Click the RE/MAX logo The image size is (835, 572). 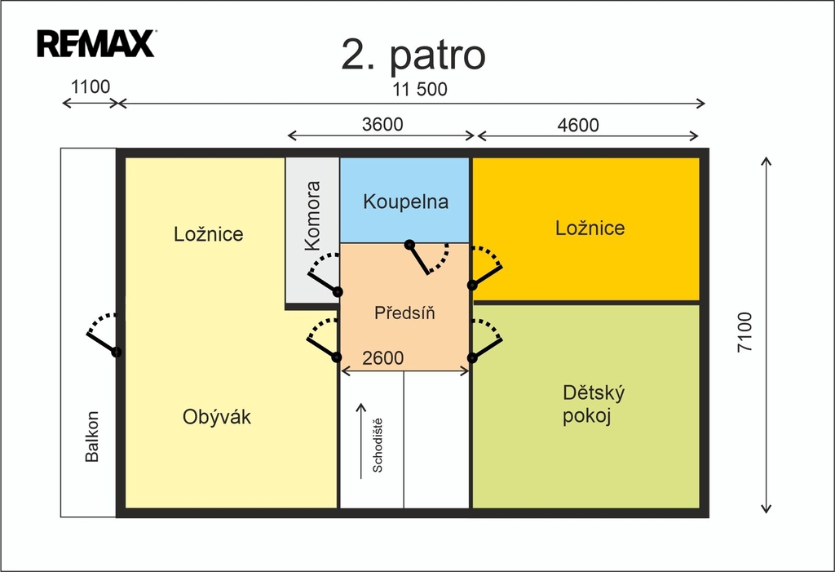click(x=96, y=43)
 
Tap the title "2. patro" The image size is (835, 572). click(x=413, y=55)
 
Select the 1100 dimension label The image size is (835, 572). click(x=91, y=86)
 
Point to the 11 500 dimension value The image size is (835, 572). click(x=420, y=89)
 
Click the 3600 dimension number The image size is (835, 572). click(x=382, y=124)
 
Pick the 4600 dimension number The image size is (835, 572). click(x=578, y=126)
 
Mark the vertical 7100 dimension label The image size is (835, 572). click(x=745, y=331)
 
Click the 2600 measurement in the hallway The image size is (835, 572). click(x=383, y=357)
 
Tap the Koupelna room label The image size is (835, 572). click(x=406, y=202)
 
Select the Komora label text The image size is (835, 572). click(x=312, y=216)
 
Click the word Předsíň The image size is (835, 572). click(x=404, y=313)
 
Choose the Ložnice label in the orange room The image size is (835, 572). click(x=590, y=228)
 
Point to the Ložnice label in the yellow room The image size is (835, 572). click(x=208, y=233)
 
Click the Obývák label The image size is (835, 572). click(x=217, y=416)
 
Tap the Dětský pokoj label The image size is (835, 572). click(x=594, y=404)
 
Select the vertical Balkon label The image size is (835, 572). click(x=92, y=436)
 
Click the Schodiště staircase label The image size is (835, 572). click(x=377, y=446)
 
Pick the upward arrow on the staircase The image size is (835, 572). click(x=361, y=441)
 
